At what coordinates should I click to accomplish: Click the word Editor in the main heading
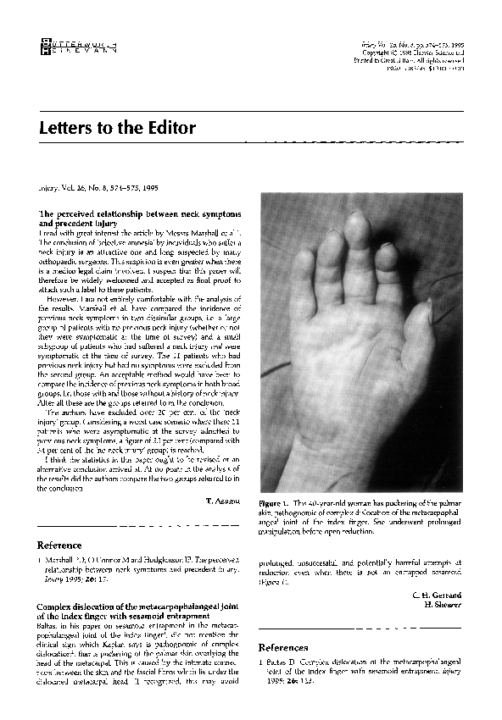170,129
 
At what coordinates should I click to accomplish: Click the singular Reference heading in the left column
59,545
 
